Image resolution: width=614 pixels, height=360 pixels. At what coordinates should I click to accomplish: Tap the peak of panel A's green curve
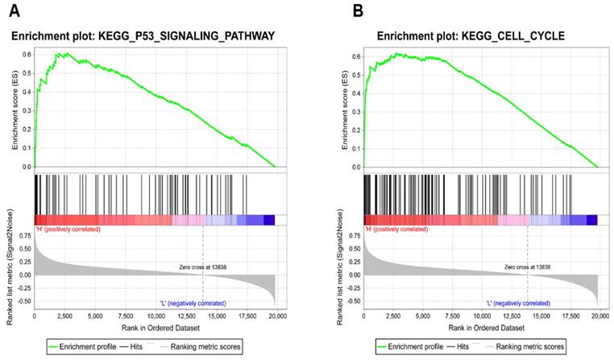click(59, 53)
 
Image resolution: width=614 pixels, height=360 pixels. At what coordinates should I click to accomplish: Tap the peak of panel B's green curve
click(396, 53)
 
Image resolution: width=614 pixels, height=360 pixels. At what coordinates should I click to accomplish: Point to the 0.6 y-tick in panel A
click(26, 55)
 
